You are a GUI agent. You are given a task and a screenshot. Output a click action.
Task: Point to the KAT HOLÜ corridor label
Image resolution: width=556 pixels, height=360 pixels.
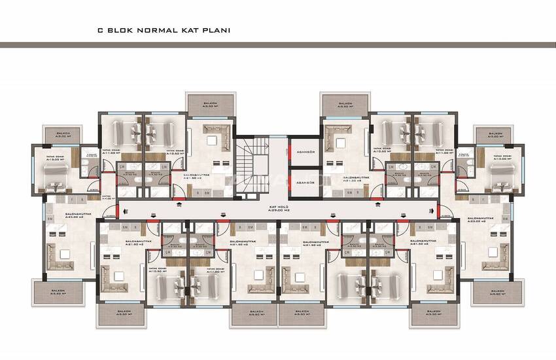coord(278,206)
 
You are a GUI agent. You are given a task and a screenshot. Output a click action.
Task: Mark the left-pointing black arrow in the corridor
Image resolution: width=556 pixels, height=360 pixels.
coord(119,210)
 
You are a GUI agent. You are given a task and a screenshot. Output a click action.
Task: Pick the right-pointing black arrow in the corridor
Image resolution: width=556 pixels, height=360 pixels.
coord(431,210)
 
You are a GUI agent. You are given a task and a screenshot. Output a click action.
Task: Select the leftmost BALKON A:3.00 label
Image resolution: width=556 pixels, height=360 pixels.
coord(63,135)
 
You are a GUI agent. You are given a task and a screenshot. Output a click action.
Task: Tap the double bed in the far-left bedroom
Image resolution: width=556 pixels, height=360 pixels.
coord(53,173)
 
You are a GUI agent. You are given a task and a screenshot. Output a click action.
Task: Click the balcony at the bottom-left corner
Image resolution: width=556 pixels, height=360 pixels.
coord(58,290)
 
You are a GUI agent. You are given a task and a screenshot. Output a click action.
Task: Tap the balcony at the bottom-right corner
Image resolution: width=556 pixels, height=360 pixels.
coord(497,290)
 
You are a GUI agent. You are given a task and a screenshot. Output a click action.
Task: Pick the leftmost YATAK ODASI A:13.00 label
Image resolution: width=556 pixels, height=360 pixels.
coord(54,157)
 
